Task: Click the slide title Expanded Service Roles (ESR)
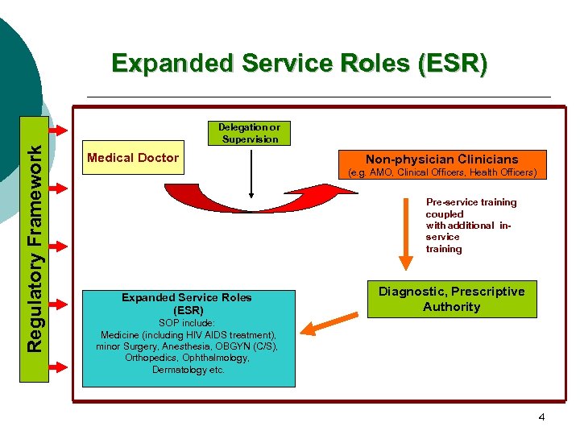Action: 299,64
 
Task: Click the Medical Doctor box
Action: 132,158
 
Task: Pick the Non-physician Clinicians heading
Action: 441,159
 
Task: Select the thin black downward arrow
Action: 252,172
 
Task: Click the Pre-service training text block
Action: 470,226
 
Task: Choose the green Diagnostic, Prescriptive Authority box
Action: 451,299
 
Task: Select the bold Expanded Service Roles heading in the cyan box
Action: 187,304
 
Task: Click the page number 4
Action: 541,417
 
